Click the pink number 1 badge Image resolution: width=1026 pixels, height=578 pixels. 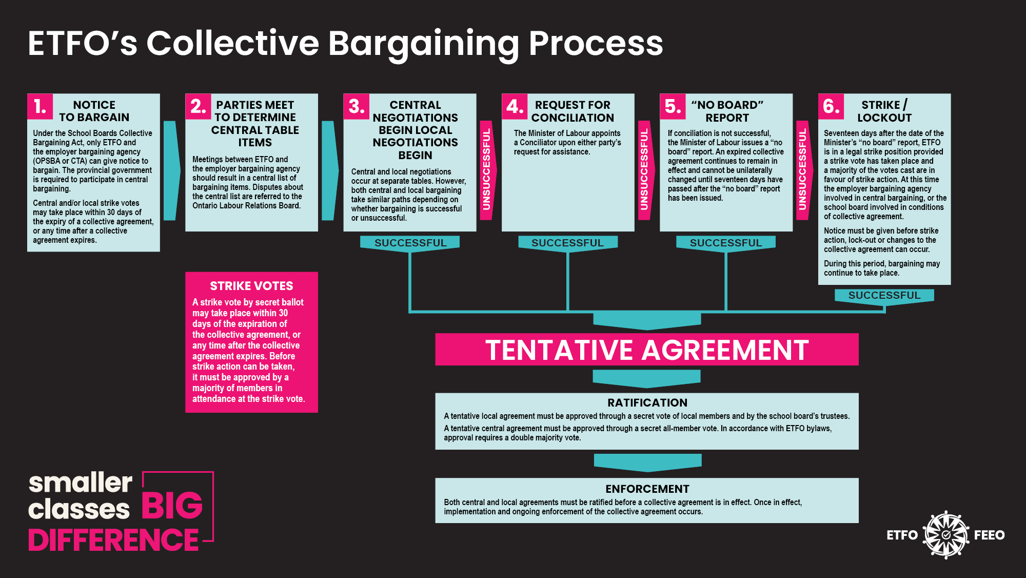pyautogui.click(x=40, y=106)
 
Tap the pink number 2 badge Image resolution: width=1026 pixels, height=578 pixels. pyautogui.click(x=198, y=106)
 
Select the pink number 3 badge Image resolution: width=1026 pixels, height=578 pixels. pyautogui.click(x=356, y=106)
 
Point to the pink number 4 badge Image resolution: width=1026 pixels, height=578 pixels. pyautogui.click(x=515, y=106)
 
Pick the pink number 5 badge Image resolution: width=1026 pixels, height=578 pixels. pyautogui.click(x=673, y=106)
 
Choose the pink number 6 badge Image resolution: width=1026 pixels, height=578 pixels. pyautogui.click(x=831, y=106)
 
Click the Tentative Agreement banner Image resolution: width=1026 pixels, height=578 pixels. pyautogui.click(x=646, y=350)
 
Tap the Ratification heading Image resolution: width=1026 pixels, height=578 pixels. pyautogui.click(x=647, y=403)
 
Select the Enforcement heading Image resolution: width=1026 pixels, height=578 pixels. pyautogui.click(x=647, y=489)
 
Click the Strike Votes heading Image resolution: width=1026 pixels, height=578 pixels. pyautogui.click(x=251, y=286)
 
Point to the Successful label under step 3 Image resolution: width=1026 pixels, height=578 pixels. pyautogui.click(x=410, y=243)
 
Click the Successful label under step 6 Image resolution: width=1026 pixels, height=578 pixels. pyautogui.click(x=884, y=295)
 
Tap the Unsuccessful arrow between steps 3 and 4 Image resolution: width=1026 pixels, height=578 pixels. pyautogui.click(x=486, y=169)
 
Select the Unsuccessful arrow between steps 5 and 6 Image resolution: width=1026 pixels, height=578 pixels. pyautogui.click(x=803, y=169)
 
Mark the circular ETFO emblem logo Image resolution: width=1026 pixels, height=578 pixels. pyautogui.click(x=946, y=535)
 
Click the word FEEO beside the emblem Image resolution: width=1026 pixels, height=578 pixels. pyautogui.click(x=989, y=535)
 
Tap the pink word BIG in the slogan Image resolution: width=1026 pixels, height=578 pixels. pyautogui.click(x=172, y=506)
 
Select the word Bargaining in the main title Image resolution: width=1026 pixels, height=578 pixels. pyautogui.click(x=424, y=43)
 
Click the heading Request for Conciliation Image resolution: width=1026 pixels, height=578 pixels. pyautogui.click(x=573, y=111)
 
